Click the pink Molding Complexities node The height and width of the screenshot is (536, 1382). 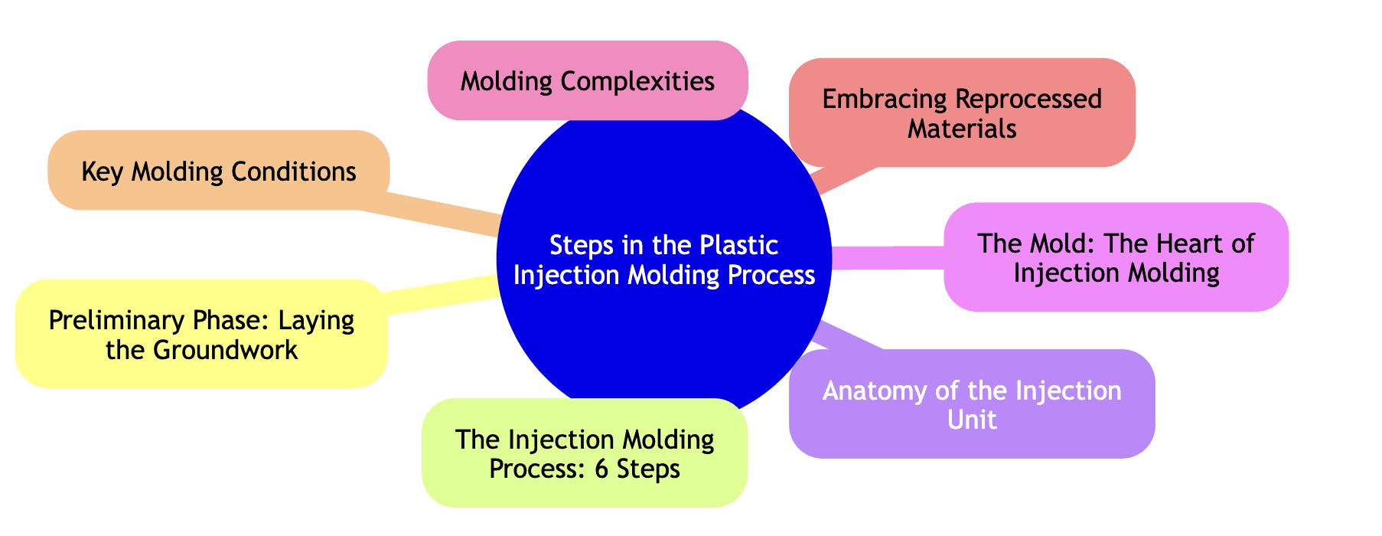point(587,80)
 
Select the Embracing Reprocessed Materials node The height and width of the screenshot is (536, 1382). point(962,113)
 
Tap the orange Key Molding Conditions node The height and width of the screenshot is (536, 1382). point(218,171)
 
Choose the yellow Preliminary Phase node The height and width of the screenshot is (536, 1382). point(201,334)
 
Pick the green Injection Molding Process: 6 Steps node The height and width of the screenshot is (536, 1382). point(584,453)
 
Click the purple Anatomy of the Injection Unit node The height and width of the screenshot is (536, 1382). point(971,404)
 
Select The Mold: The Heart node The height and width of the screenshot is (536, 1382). point(1116,257)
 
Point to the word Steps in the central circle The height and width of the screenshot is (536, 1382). point(580,246)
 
